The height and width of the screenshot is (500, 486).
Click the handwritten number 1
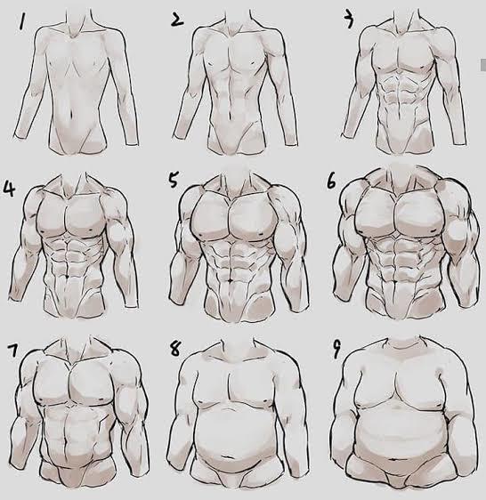point(21,21)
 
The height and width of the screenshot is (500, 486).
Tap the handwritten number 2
point(177,20)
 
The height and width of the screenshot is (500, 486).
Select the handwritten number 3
point(349,20)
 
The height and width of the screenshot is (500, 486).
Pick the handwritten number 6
point(331,182)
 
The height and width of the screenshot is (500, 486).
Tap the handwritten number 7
point(12,351)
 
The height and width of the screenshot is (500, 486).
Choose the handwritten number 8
point(175,349)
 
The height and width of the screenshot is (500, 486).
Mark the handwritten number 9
point(336,351)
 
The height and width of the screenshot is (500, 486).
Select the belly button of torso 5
point(231,280)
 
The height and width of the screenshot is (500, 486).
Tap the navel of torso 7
point(65,443)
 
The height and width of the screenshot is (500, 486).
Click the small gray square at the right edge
point(483,65)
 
